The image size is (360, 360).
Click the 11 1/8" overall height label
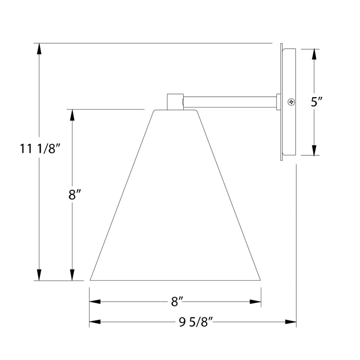coord(41,150)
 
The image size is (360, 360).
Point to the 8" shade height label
coord(75,195)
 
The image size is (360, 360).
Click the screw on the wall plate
coord(291,102)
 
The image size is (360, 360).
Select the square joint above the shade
coord(175,101)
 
